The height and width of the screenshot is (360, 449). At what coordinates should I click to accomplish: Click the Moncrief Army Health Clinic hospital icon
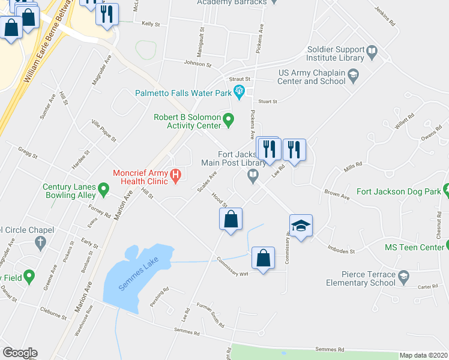pos(175,176)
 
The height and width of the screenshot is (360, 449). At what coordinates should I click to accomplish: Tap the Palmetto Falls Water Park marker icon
pos(240,92)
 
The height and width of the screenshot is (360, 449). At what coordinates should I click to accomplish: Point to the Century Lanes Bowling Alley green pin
pos(103,191)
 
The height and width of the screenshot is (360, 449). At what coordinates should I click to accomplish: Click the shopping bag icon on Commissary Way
pos(263,259)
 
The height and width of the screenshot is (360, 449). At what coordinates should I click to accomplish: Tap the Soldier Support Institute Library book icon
pos(372,52)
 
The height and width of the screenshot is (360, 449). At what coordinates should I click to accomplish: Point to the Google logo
pos(19,353)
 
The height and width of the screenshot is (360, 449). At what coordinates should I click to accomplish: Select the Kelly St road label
pos(151,24)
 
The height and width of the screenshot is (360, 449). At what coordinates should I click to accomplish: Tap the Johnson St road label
pos(198,64)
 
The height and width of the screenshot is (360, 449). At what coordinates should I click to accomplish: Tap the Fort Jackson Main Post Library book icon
pos(253,176)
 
